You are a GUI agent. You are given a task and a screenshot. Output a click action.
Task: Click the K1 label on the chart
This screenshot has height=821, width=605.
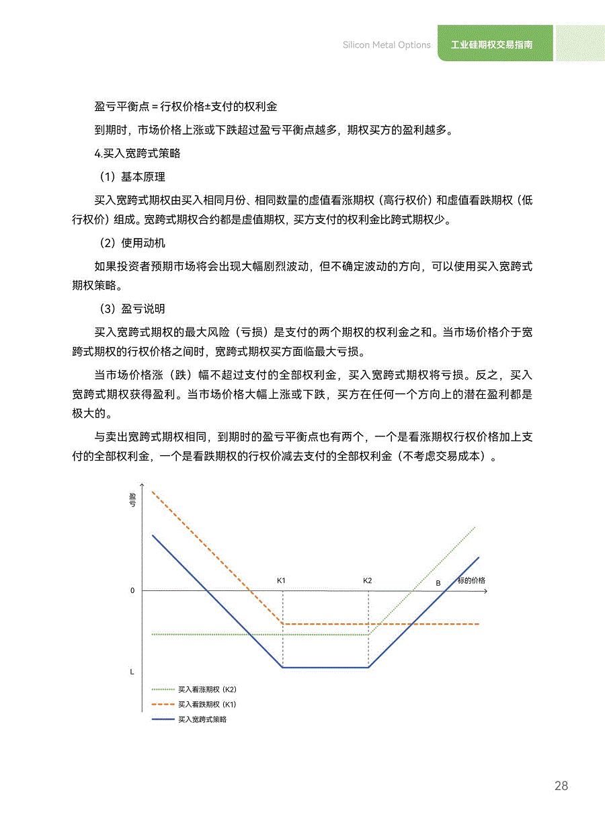(282, 580)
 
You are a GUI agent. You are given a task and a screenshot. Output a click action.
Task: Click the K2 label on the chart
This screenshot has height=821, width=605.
(367, 580)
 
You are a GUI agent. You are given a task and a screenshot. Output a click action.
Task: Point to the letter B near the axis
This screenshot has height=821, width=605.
(438, 583)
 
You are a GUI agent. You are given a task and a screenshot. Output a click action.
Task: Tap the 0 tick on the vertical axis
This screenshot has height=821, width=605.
(132, 590)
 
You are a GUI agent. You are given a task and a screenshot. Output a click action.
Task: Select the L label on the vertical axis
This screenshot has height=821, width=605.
(132, 672)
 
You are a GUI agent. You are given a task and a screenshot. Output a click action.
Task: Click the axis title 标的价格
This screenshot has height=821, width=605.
(471, 580)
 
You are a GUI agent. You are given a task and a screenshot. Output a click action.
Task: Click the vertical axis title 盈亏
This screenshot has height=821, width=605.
(132, 499)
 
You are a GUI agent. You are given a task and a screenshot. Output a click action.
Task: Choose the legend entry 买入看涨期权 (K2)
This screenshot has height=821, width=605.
(207, 689)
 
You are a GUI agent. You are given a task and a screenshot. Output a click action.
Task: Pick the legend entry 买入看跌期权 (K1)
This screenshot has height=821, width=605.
(207, 705)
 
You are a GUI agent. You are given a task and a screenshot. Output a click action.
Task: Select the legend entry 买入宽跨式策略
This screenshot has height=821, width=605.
(202, 719)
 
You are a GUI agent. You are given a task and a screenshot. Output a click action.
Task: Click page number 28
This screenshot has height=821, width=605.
(561, 786)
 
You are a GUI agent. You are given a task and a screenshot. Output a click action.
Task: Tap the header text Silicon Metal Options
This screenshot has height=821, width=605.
(387, 45)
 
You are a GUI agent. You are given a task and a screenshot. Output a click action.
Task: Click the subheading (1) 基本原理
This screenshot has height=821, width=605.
(132, 177)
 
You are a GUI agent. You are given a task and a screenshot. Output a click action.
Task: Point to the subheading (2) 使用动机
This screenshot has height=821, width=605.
(132, 243)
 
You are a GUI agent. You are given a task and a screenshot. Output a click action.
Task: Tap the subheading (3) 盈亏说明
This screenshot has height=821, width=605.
(132, 309)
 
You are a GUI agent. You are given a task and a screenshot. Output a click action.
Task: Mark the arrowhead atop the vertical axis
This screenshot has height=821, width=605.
(142, 485)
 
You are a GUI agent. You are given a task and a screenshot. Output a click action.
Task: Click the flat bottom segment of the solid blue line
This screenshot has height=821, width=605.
(326, 667)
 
